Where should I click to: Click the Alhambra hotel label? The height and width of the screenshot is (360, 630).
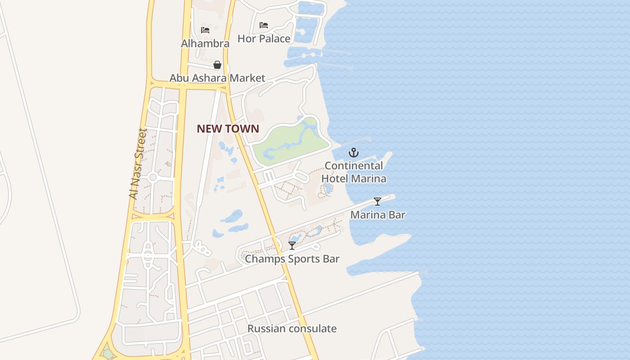coord(205,44)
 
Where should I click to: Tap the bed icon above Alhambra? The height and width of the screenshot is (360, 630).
coord(205,30)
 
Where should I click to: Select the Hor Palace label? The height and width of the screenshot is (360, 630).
coord(264,39)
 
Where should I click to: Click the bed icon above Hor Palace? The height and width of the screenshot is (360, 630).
coord(264,25)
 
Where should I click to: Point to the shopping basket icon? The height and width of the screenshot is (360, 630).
coord(217,65)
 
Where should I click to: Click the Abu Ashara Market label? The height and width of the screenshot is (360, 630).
coord(217,78)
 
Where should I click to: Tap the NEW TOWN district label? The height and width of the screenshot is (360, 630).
coord(228,129)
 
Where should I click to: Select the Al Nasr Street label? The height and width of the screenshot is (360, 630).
coord(138,164)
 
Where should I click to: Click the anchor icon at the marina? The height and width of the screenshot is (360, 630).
coord(354,153)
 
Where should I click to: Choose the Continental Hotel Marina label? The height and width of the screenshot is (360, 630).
coord(354,172)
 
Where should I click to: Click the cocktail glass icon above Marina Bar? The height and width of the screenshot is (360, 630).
coord(378,202)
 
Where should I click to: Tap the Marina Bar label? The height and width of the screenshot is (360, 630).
coord(378,215)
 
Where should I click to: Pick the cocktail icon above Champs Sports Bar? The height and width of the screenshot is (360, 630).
coord(292,246)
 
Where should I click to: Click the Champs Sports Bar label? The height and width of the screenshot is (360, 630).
coord(292,259)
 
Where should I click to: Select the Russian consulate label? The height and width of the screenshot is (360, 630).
coord(292,328)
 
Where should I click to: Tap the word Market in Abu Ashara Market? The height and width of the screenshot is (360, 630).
coord(247,78)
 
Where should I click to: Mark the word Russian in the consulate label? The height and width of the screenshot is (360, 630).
coord(266,328)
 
